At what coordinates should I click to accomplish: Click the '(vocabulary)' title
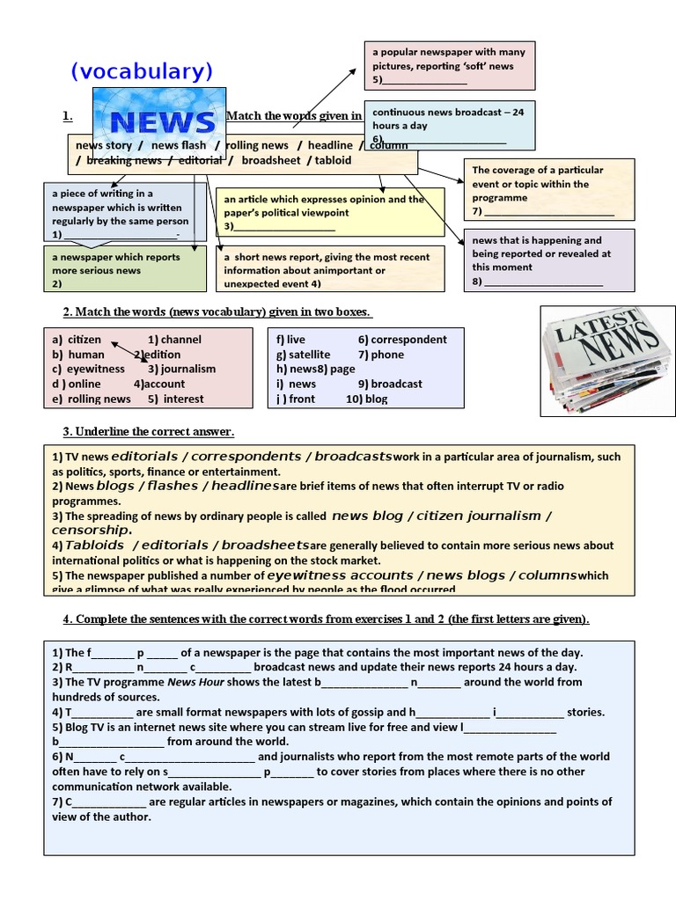pos(142,72)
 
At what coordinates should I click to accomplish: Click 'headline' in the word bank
pos(330,145)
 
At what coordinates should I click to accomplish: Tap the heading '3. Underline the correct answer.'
pos(148,431)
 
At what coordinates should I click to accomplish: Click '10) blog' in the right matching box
pos(366,399)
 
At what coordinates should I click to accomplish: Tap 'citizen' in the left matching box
pos(84,340)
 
